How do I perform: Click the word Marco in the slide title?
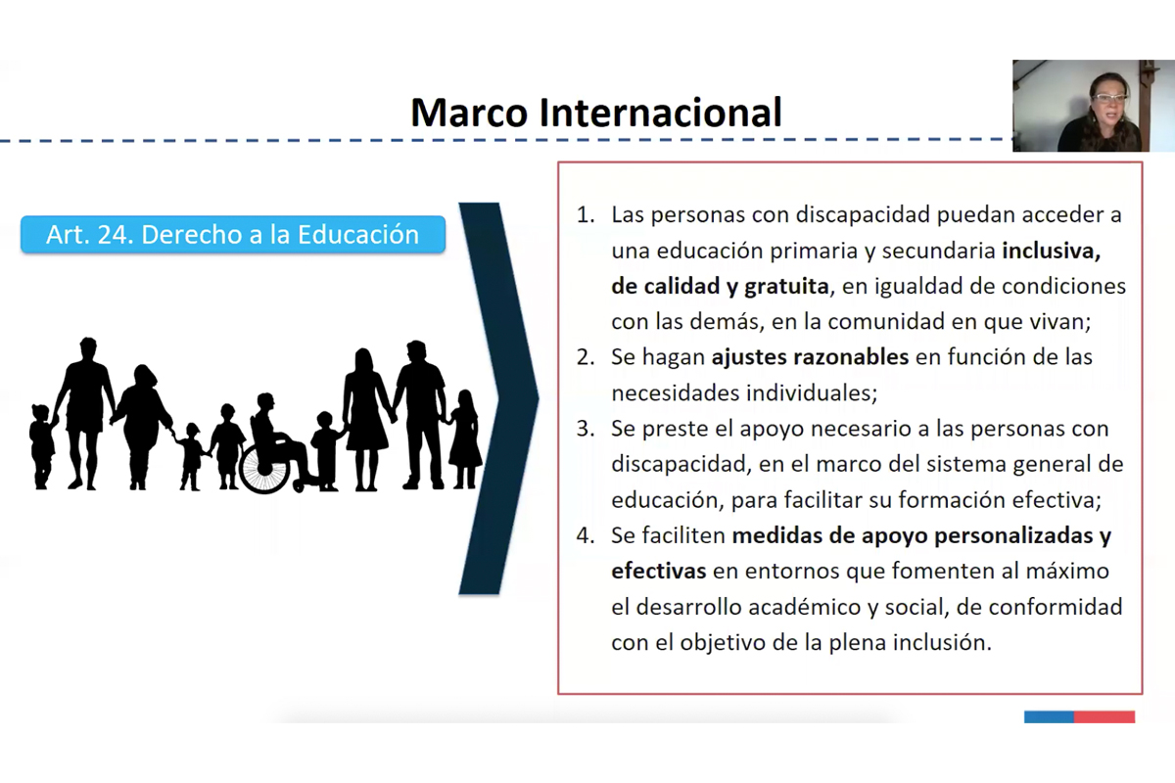pos(469,113)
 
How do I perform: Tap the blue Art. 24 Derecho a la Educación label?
pos(233,235)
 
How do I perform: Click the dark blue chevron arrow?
pos(498,398)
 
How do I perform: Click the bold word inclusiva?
pos(1052,252)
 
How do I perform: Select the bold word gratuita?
pos(787,287)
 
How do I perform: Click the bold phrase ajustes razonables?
pos(810,357)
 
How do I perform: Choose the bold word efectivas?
pos(659,572)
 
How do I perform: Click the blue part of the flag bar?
pos(1049,716)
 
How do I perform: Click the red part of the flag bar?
pos(1104,716)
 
